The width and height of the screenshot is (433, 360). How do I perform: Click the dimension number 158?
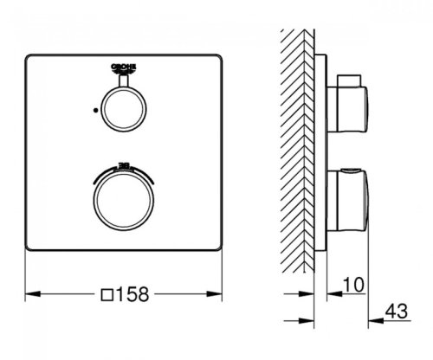click(133, 293)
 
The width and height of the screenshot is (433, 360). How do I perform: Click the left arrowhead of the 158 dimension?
click(28, 294)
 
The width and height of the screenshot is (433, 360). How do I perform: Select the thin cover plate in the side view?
click(322, 147)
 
